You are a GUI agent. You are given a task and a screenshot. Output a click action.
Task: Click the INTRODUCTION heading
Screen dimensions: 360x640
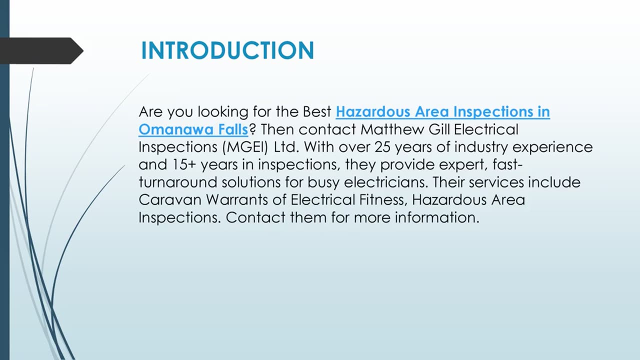coord(227,50)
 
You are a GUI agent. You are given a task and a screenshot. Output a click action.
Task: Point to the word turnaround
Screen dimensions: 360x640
coord(178,182)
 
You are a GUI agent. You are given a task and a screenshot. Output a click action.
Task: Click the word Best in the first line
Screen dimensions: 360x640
coord(317,111)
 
